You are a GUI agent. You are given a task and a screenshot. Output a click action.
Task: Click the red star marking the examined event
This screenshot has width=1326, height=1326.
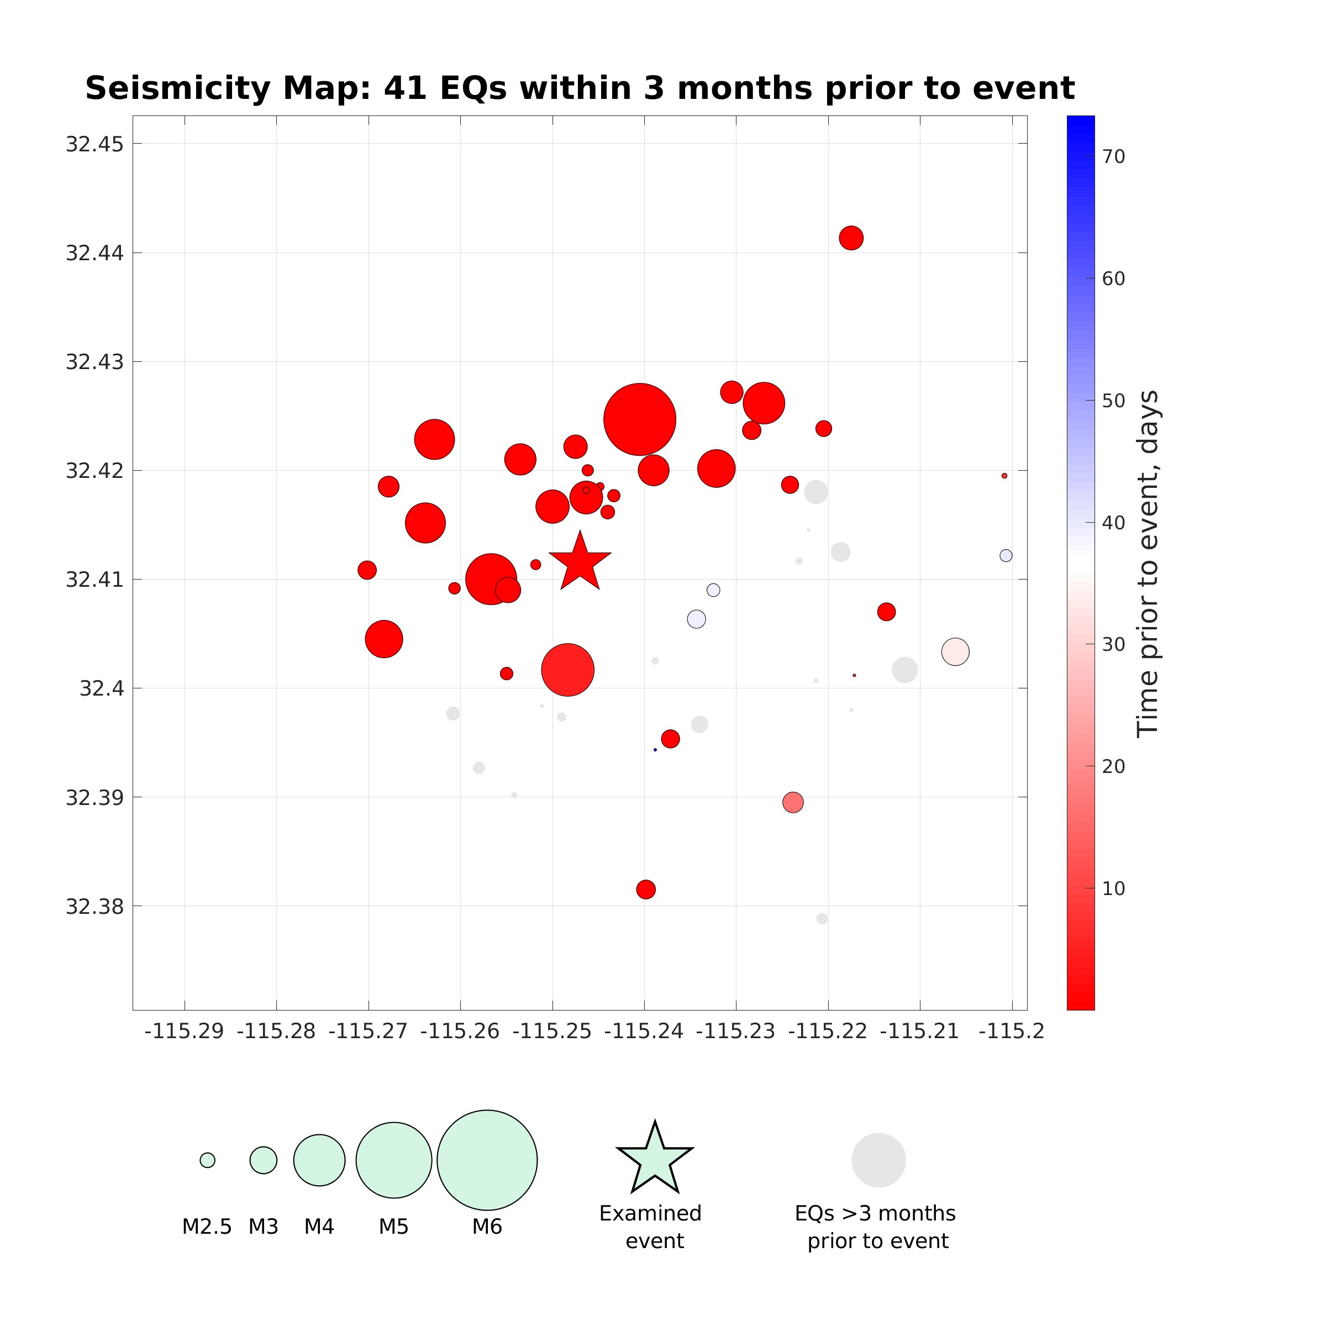(x=580, y=563)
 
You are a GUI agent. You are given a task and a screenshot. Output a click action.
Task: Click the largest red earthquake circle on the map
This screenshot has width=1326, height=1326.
(x=640, y=419)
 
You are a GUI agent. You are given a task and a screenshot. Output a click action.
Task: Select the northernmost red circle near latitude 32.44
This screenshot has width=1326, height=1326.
(x=851, y=238)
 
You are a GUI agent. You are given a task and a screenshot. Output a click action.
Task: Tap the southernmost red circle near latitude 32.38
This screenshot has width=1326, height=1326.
(x=646, y=890)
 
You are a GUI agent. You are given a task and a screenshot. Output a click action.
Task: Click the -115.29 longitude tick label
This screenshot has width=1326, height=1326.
(x=184, y=1031)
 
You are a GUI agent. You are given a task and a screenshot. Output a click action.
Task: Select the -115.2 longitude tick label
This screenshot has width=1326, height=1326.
(x=1012, y=1031)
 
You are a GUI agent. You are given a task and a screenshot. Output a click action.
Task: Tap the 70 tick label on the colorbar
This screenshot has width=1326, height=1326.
(x=1113, y=157)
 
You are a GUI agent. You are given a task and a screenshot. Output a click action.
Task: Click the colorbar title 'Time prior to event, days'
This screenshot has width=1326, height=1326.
(x=1148, y=564)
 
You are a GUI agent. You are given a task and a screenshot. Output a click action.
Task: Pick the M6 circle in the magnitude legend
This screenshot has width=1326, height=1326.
(x=487, y=1160)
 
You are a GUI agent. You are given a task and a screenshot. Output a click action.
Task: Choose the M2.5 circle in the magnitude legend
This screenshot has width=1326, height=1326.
(x=207, y=1160)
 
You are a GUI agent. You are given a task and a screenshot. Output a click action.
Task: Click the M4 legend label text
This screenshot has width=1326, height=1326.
(x=319, y=1227)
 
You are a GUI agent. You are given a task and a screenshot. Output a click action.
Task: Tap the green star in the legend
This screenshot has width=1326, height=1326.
(x=655, y=1160)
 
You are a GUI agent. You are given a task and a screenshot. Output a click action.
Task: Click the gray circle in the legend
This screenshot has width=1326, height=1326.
(x=878, y=1160)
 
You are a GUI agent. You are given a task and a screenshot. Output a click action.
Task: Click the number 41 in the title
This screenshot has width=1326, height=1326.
(x=405, y=88)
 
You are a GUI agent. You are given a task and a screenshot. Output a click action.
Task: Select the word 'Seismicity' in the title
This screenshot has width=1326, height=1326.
(x=178, y=88)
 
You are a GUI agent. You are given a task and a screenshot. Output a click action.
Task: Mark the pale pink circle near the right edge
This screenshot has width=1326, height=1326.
(x=955, y=651)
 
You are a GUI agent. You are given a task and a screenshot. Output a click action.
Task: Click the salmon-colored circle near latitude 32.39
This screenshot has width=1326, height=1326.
(x=793, y=802)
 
